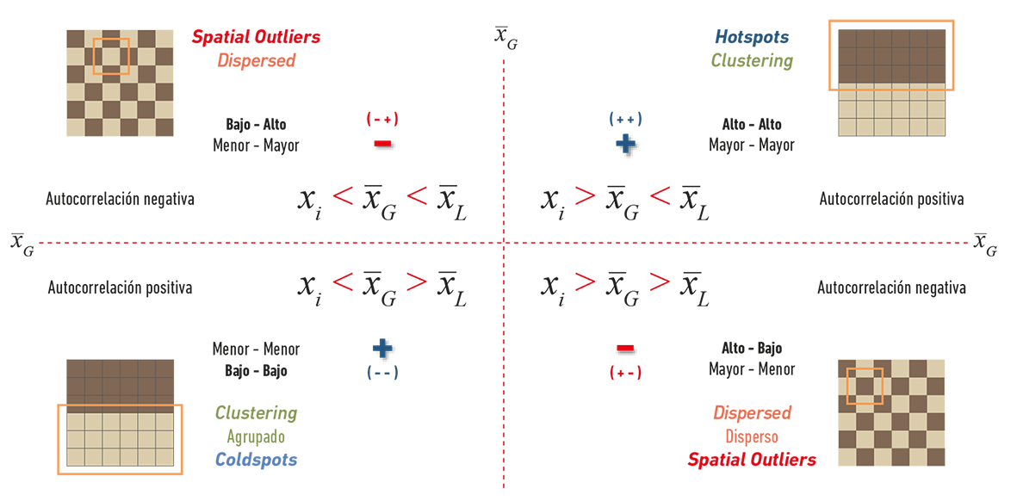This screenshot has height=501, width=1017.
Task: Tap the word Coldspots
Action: pos(256,461)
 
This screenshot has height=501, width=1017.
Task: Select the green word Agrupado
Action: pos(257,437)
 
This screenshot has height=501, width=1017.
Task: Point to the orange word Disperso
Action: pos(752,436)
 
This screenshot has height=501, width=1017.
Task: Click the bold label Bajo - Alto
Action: pos(257,124)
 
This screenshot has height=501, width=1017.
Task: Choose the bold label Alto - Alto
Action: pos(752,125)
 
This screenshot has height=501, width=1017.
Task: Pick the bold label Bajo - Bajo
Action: pos(257,371)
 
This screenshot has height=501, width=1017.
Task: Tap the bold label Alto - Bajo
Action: pos(752,349)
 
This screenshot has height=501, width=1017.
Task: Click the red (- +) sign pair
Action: pos(382,120)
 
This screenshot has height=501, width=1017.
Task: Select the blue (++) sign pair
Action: pos(625,120)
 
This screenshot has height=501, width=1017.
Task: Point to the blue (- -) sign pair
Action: pos(382,373)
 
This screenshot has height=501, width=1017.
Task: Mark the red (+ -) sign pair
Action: pos(625,373)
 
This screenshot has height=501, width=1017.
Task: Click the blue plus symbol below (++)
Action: pos(626,143)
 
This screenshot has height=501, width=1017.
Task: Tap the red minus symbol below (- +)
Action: pos(382,144)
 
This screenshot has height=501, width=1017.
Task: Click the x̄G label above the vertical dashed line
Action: pos(505,39)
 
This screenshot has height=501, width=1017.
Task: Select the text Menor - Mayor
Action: pos(257,145)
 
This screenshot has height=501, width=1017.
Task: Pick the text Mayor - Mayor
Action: pos(752,145)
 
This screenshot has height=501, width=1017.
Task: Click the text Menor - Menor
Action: pos(257,349)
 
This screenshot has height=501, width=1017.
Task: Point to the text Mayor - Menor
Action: pos(752,369)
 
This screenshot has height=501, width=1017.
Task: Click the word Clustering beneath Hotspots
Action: pos(752,61)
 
